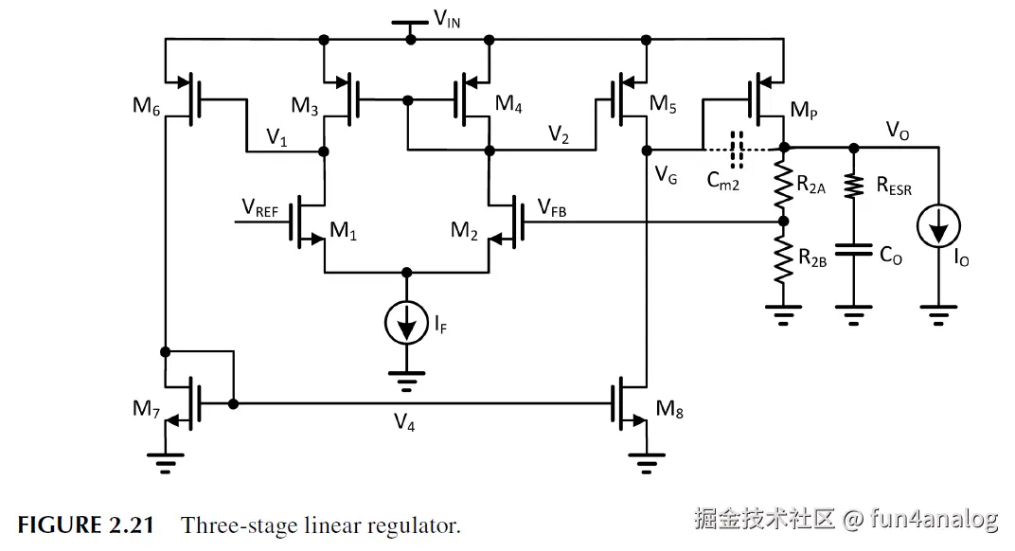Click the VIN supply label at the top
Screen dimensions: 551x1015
(447, 18)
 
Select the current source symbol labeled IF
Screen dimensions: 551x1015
(408, 325)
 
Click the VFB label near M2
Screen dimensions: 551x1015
(551, 208)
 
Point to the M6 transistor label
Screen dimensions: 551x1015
(147, 106)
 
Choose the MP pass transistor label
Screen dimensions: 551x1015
(802, 112)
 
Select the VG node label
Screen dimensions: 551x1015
(665, 174)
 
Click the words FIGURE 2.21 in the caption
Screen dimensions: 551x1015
(85, 525)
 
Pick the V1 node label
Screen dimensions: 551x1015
(276, 138)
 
